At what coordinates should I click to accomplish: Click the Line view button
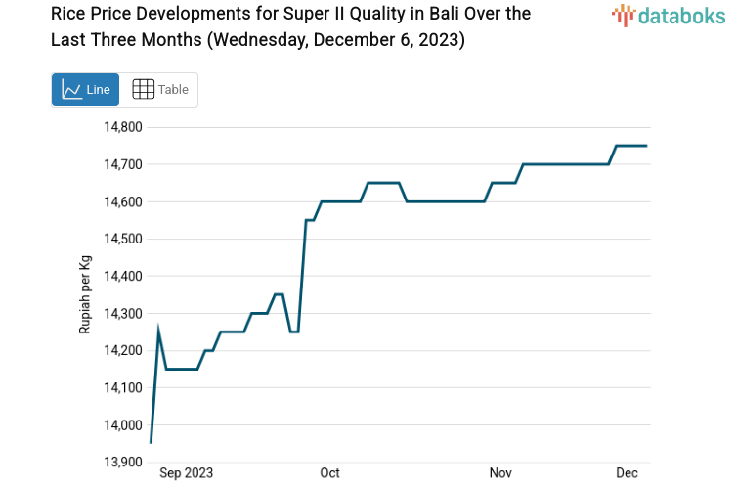pos(85,90)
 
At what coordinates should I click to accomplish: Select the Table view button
pos(160,90)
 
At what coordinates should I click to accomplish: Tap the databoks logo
pos(670,15)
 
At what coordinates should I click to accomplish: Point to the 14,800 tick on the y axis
pos(123,127)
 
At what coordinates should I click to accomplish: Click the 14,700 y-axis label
pos(123,164)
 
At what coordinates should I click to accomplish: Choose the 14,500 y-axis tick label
pos(123,239)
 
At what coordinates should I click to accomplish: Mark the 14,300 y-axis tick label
pos(123,313)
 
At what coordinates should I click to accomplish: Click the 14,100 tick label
pos(123,387)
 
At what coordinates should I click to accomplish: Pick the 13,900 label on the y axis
pos(123,462)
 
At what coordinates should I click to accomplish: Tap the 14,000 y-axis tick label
pos(123,424)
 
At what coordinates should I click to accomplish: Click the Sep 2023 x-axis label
pos(186,473)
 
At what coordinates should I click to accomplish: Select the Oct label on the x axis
pos(329,473)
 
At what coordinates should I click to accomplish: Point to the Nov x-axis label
pos(500,473)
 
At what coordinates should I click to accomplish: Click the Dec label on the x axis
pos(627,473)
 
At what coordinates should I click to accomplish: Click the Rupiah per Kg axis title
pos(85,294)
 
